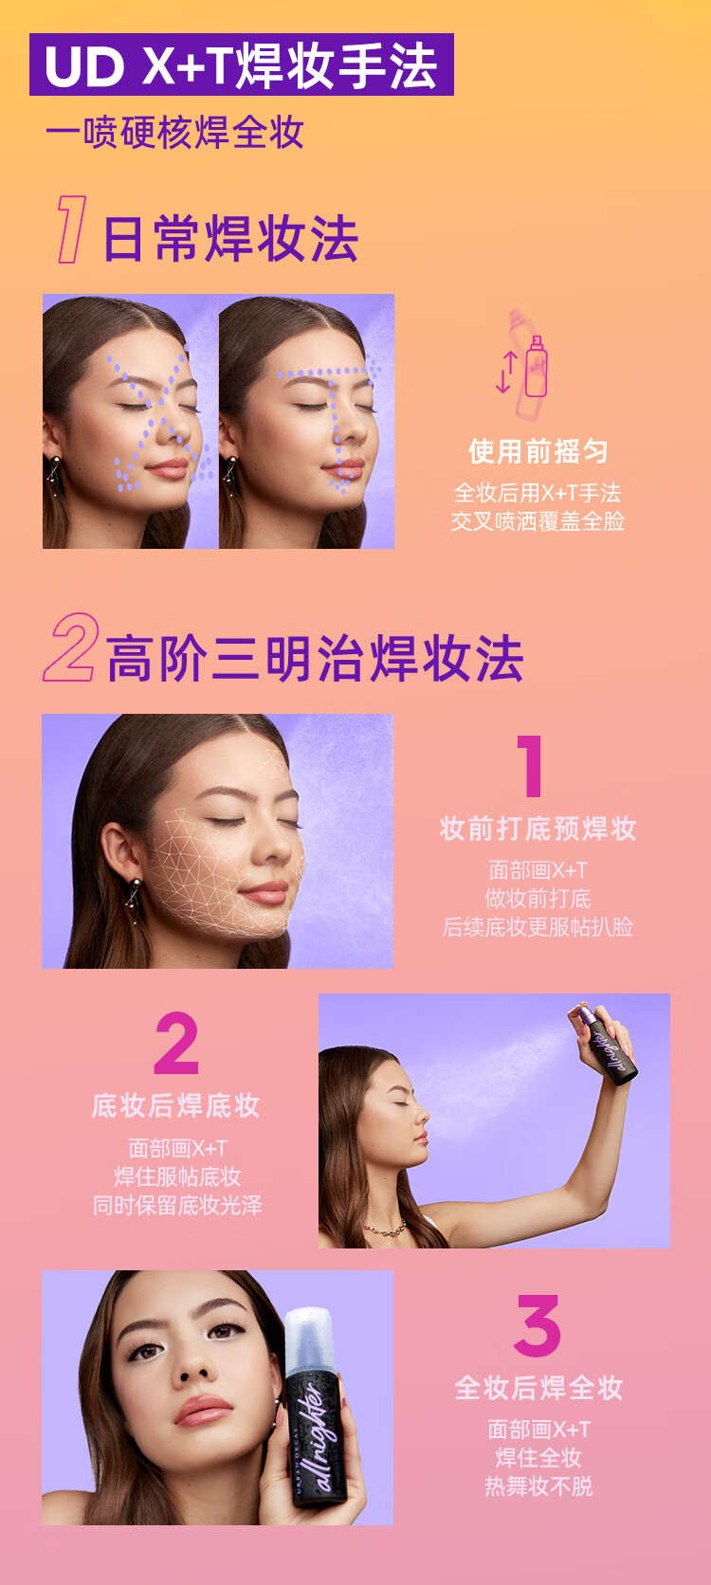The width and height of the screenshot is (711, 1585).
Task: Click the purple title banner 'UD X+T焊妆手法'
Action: [x=241, y=64]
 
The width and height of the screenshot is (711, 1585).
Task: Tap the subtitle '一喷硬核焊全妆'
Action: [x=174, y=132]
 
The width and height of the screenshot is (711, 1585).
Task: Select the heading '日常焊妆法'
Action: [x=230, y=238]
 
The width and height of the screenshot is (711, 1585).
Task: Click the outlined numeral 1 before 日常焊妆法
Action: [x=71, y=229]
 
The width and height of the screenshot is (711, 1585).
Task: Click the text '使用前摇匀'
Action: [x=538, y=451]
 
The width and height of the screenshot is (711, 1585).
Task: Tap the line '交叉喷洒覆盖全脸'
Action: [x=538, y=520]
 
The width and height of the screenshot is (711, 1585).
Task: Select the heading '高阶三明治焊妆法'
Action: [x=315, y=658]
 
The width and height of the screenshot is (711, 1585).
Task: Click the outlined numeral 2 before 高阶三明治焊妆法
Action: [x=70, y=647]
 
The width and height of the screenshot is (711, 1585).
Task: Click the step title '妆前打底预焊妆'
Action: [x=538, y=829]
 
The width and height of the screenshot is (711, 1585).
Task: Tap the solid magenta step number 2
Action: [x=176, y=1043]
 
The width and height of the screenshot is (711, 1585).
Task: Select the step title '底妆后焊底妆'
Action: [x=175, y=1105]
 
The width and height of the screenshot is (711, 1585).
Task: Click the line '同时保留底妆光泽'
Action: [x=177, y=1205]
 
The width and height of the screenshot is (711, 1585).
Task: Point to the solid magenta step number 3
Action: [x=538, y=1325]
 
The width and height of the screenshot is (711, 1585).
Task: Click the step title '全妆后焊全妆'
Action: [x=538, y=1388]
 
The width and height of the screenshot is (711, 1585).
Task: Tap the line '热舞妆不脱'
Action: [x=538, y=1485]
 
